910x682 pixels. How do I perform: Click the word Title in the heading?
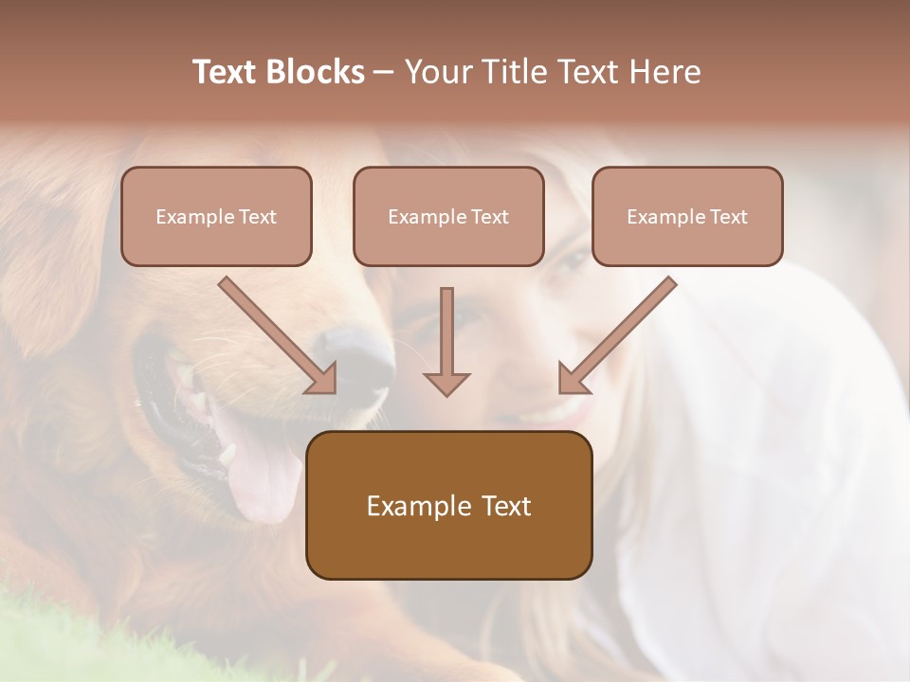pyautogui.click(x=513, y=72)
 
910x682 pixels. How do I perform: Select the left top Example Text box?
pyautogui.click(x=216, y=216)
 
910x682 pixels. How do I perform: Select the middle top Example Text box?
pyautogui.click(x=448, y=216)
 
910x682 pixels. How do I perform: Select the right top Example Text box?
pyautogui.click(x=687, y=216)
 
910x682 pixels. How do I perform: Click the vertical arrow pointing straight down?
pyautogui.click(x=446, y=341)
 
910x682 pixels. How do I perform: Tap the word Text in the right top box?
pyautogui.click(x=729, y=216)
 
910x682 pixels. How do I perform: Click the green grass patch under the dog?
pyautogui.click(x=38, y=644)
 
